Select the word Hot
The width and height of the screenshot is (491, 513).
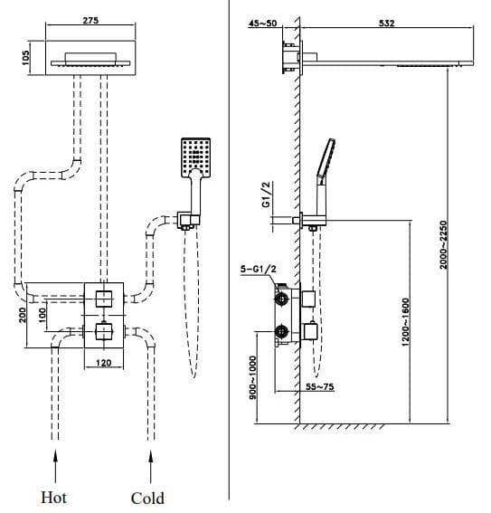[x=54, y=497]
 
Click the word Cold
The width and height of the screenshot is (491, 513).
[x=147, y=497]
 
